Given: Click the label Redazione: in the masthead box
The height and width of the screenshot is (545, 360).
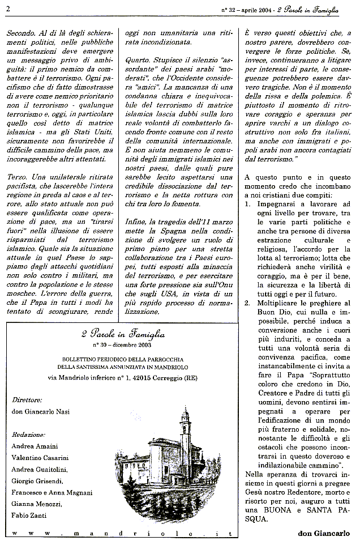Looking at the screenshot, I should pyautogui.click(x=28, y=434).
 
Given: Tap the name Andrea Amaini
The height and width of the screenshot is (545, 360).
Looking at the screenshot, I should pyautogui.click(x=35, y=446).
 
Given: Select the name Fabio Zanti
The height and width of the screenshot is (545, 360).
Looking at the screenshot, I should pyautogui.click(x=30, y=514).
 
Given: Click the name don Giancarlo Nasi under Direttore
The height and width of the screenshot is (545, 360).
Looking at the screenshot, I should pyautogui.click(x=41, y=411).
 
